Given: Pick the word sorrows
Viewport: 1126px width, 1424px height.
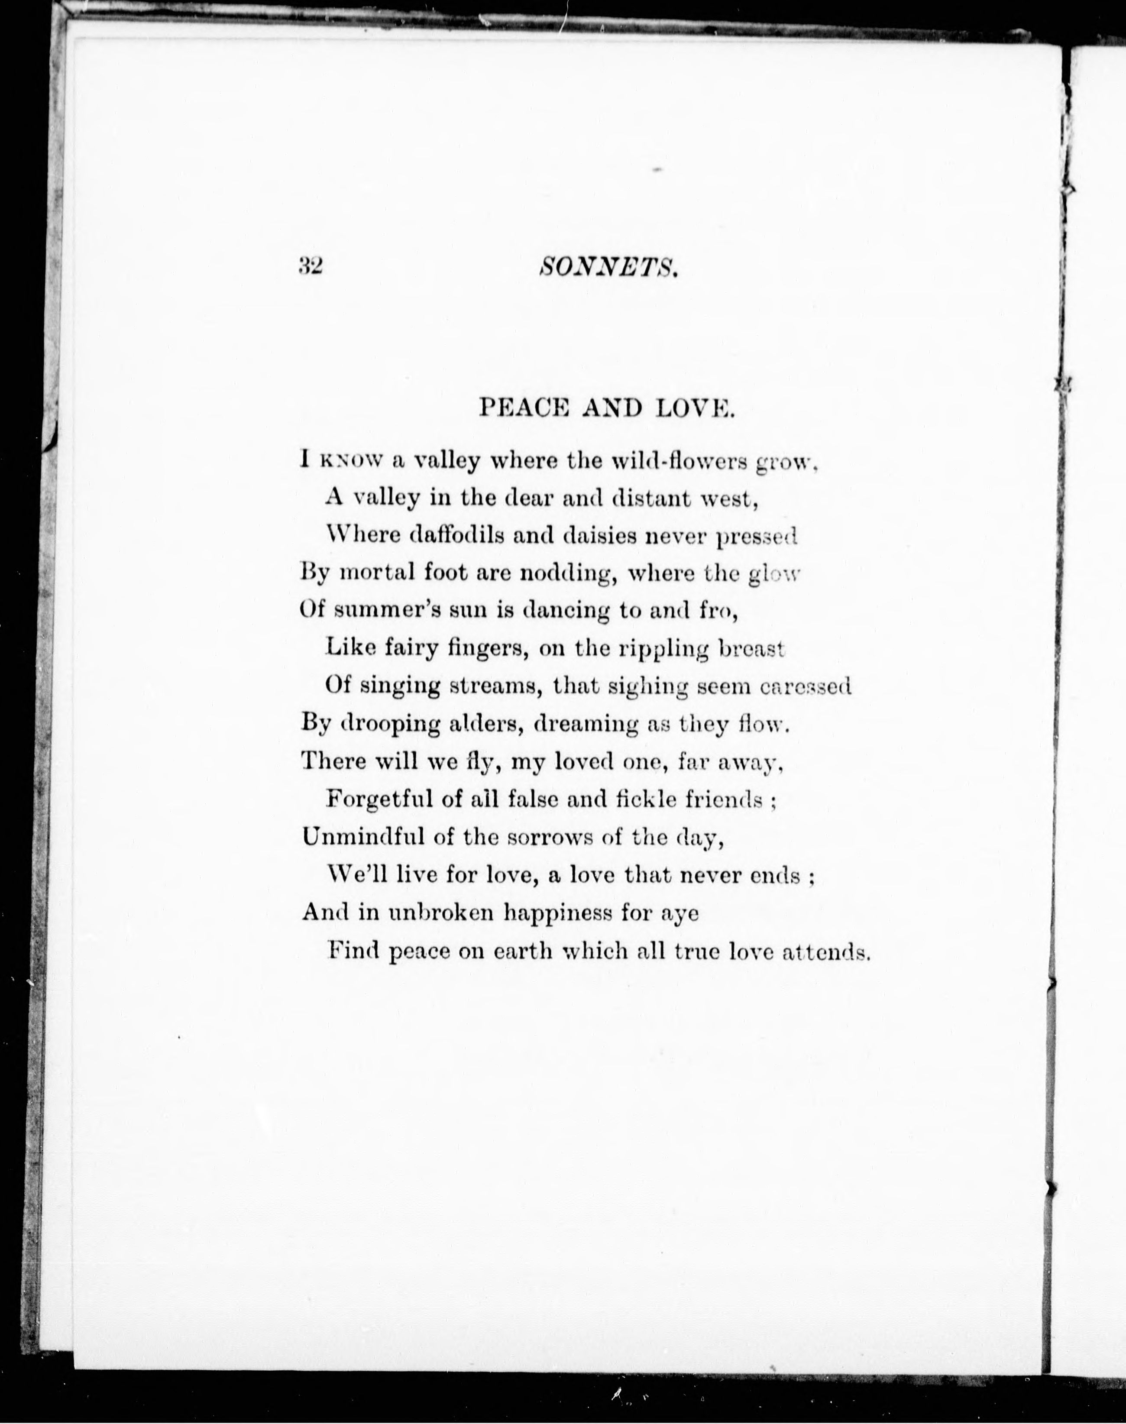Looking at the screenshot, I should pos(550,837).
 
